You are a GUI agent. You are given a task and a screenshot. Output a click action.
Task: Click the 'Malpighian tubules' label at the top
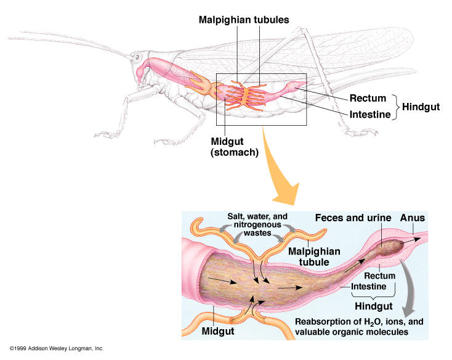(244, 20)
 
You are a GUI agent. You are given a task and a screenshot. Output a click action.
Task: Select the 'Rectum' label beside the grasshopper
(368, 98)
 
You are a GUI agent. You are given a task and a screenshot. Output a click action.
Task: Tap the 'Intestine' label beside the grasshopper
(370, 115)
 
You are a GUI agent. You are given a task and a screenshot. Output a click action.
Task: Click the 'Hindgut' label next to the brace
(421, 107)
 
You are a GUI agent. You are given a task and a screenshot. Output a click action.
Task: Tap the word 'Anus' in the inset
(412, 218)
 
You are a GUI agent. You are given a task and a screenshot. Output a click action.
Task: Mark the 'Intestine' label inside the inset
(371, 287)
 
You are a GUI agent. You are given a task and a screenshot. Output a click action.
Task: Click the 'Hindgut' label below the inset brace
(373, 306)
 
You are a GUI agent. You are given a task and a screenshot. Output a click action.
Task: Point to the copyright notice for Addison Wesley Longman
(55, 349)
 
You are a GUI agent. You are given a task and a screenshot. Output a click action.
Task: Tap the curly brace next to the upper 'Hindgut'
(397, 106)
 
